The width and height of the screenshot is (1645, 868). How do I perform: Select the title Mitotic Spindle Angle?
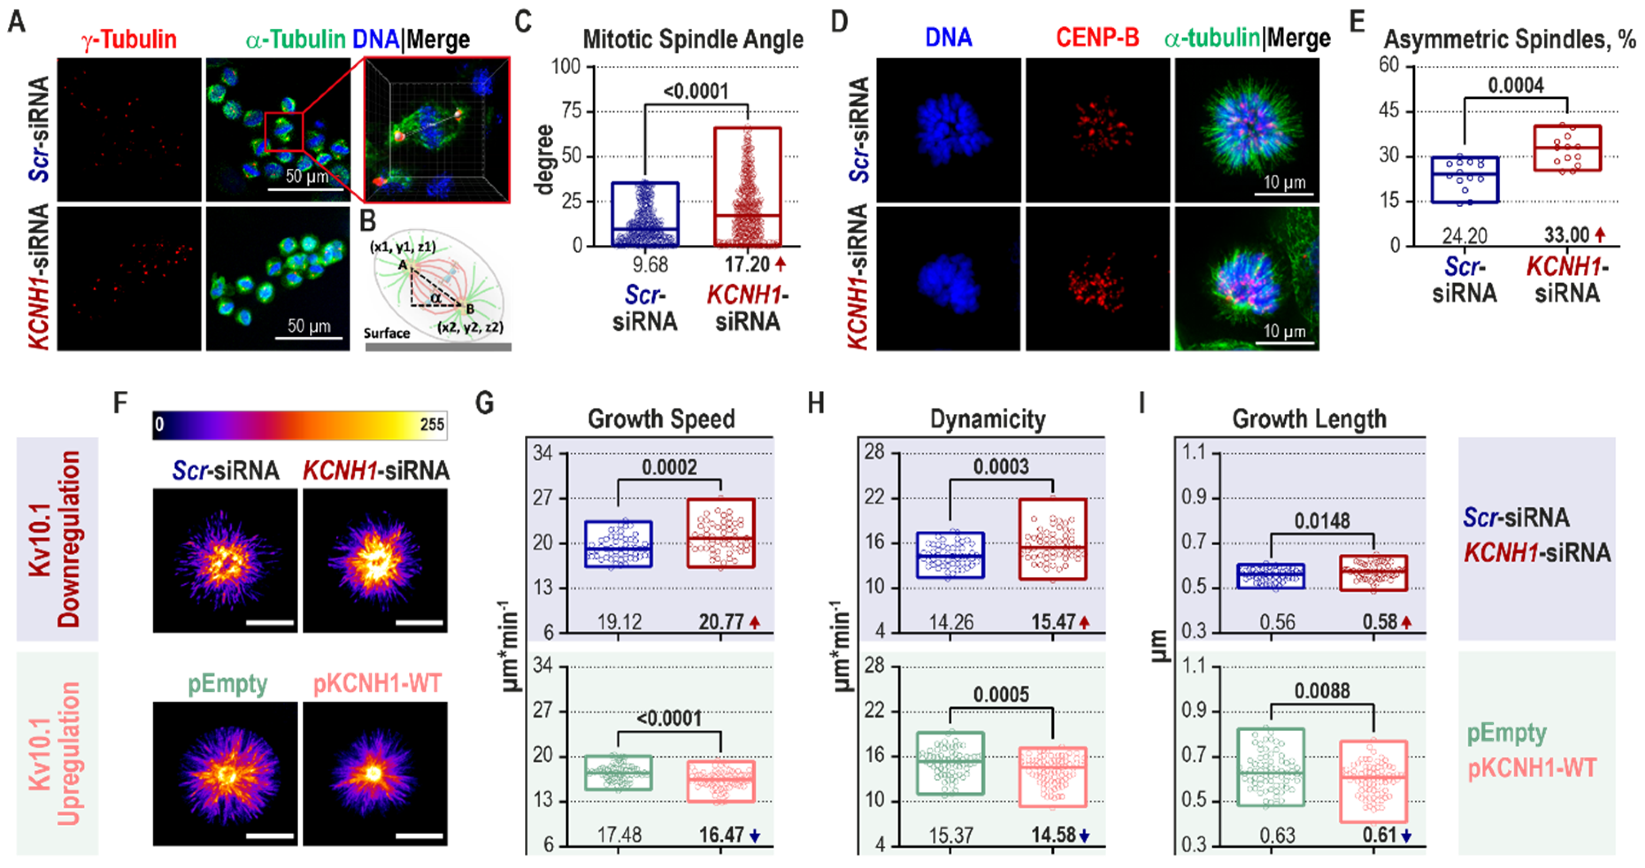(693, 39)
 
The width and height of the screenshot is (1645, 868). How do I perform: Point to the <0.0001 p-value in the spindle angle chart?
(696, 91)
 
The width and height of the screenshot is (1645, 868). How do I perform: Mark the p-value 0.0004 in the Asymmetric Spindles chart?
(1515, 85)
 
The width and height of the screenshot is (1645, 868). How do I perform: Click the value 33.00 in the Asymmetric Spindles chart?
(1566, 235)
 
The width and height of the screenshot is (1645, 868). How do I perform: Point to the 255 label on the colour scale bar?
(432, 424)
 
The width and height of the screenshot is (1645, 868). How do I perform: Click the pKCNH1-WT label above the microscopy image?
(377, 684)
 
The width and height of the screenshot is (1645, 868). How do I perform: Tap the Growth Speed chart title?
(661, 420)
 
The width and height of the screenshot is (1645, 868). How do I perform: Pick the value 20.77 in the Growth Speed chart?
(721, 621)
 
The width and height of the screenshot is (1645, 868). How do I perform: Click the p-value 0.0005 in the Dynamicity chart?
(1001, 694)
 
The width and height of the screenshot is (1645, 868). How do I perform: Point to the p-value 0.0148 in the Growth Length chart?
(1322, 521)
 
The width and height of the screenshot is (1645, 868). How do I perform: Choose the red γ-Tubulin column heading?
(129, 39)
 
